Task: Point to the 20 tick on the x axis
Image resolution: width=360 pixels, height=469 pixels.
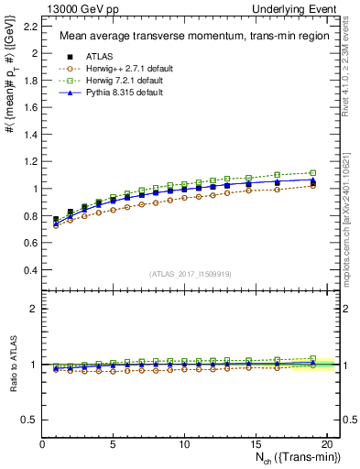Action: pyautogui.click(x=325, y=444)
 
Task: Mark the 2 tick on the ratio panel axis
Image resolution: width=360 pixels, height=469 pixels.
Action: pyautogui.click(x=35, y=309)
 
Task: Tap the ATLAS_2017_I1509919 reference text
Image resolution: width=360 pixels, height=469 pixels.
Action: pyautogui.click(x=191, y=274)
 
